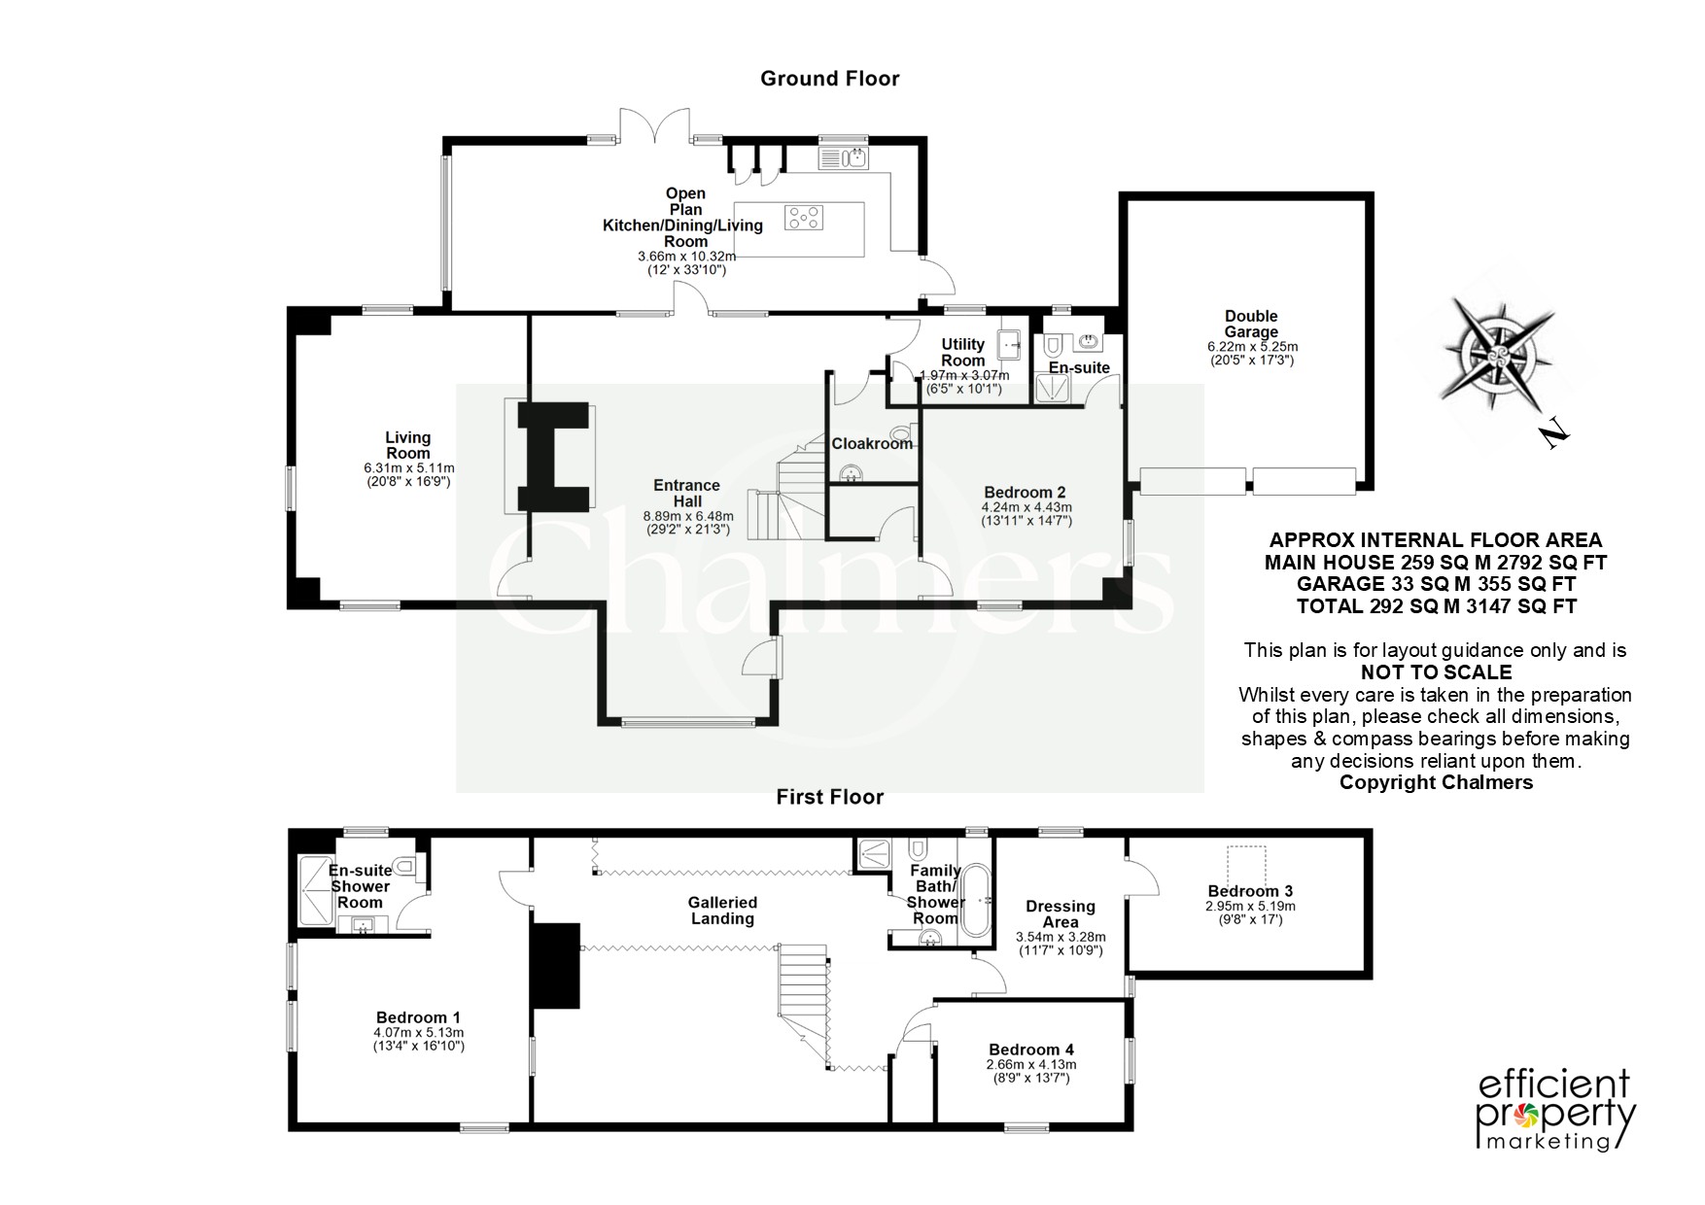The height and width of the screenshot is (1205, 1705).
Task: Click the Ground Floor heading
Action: pos(829,79)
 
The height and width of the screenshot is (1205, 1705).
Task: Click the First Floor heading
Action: pos(829,797)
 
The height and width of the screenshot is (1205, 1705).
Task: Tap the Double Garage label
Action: pos(1251,324)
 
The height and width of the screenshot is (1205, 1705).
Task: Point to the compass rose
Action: pos(1497,353)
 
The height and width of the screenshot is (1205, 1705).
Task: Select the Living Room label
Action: pos(408,445)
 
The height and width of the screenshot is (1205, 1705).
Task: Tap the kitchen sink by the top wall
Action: pos(845,157)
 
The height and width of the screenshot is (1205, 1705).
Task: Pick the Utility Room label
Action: pos(962,352)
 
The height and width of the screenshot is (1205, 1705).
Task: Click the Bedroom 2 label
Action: pos(1026,492)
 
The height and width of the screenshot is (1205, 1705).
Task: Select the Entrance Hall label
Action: pos(686,493)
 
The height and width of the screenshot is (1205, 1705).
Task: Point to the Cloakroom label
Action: pos(872,443)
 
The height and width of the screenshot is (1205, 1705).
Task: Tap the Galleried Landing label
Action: pos(722,910)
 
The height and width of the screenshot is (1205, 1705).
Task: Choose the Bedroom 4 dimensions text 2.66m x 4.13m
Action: pos(1031,1064)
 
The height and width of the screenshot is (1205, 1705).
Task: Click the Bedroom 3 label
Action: pos(1250,891)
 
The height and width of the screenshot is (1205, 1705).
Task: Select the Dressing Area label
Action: pos(1061,913)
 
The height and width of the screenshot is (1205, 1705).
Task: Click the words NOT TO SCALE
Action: pos(1436,672)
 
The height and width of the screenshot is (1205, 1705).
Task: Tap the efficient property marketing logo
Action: pos(1556,1110)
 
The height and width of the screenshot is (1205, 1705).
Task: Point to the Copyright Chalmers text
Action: pos(1436,782)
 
